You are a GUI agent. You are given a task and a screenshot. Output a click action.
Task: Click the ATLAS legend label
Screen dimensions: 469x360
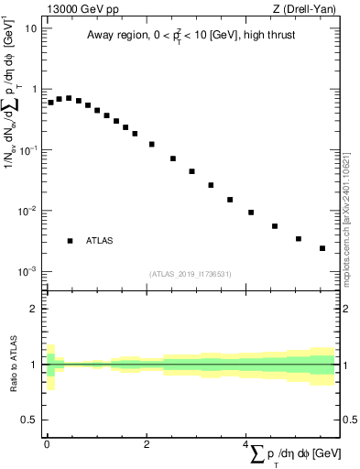[x=100, y=241]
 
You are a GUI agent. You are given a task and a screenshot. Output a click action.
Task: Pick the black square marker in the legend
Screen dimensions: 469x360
[x=70, y=241]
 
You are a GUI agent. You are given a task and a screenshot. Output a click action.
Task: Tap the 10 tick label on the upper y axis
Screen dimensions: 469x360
[x=31, y=27]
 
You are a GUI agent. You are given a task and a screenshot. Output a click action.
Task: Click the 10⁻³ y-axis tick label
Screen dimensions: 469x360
[x=27, y=272]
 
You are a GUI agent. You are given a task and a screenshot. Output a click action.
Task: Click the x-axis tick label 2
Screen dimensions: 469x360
[x=147, y=444]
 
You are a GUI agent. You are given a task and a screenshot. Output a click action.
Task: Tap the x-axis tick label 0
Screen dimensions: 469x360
[x=47, y=444]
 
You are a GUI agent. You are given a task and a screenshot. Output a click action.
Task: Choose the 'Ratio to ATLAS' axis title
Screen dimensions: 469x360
[x=12, y=365]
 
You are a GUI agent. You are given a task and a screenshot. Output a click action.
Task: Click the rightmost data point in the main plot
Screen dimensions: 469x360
[x=322, y=248]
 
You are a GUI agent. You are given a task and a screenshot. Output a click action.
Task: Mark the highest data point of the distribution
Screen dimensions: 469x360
[x=69, y=98]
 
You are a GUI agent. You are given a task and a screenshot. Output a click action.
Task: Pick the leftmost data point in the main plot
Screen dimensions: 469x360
[x=50, y=103]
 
